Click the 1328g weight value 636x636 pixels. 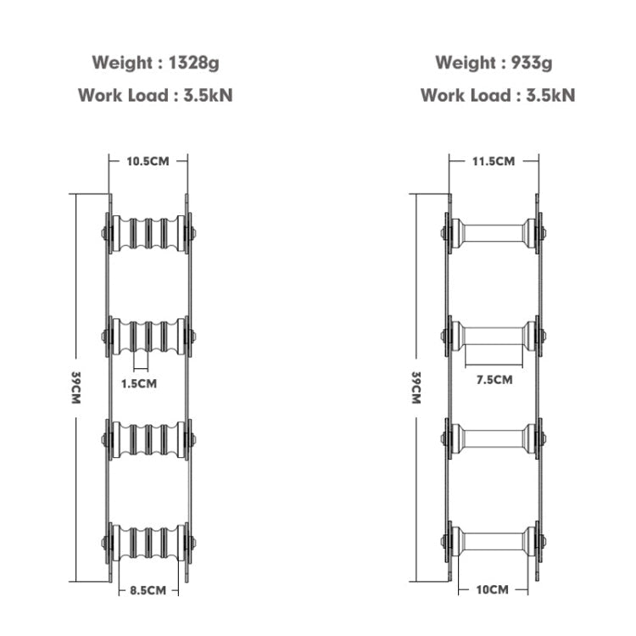coord(193,64)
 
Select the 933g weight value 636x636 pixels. coord(532,64)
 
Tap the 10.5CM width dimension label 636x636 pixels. coord(148,161)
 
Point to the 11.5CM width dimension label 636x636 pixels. coord(494,161)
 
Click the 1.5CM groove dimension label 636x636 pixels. coord(139,383)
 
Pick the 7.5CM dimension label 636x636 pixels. coord(494,380)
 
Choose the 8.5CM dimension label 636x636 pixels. coord(148,590)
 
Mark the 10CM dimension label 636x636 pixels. coord(493,589)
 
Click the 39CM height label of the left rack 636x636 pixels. coord(75,388)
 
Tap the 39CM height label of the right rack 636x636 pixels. coord(416,388)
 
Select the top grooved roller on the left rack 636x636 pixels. coord(148,233)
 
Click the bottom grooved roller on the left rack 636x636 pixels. coord(148,543)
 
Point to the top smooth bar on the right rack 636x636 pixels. coord(494,233)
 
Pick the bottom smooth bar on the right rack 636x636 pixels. coord(494,542)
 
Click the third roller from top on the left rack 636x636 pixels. coord(148,439)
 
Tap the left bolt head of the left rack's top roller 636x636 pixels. coord(103,233)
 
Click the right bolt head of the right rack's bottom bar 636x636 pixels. coord(543,541)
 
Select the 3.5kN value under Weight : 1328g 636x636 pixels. coord(208,96)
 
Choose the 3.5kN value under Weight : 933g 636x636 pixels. coord(550,96)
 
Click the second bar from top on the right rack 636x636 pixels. coord(494,336)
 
